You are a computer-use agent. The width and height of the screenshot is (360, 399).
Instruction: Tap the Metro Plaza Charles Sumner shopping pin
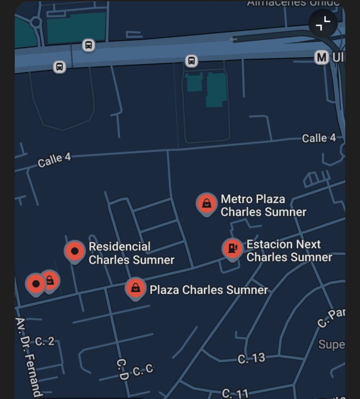coord(206,203)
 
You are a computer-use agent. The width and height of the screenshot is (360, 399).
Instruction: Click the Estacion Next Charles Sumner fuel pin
coord(232,248)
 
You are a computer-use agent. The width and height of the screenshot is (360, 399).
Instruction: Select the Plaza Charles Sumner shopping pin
coord(135,288)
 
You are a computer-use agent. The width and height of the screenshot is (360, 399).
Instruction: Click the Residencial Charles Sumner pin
coord(75,251)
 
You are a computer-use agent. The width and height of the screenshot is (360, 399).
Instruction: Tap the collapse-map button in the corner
coord(323,24)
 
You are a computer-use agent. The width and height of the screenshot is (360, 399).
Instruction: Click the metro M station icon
coord(321,58)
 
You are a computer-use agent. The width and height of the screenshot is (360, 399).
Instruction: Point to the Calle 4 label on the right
coord(318,138)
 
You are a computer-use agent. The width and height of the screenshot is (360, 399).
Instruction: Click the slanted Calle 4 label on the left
coord(55,160)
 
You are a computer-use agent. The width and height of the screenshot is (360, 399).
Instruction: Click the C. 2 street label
coord(45,342)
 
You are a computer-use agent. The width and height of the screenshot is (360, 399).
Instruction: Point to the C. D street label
coord(122,369)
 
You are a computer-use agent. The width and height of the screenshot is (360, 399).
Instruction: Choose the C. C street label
coord(143,370)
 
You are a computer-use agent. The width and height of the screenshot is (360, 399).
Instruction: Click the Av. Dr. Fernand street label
coord(28,357)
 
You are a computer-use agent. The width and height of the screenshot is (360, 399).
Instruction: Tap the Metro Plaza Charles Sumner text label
coord(263,205)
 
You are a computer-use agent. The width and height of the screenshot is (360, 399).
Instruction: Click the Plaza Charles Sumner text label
coord(209,290)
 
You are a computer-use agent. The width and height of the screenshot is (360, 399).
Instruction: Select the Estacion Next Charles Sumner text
coord(289,251)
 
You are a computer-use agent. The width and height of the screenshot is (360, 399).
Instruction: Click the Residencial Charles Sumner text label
coord(131,253)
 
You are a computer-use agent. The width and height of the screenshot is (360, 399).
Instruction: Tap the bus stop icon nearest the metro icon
coord(191,61)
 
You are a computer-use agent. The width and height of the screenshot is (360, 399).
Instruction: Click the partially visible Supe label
coord(331,344)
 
